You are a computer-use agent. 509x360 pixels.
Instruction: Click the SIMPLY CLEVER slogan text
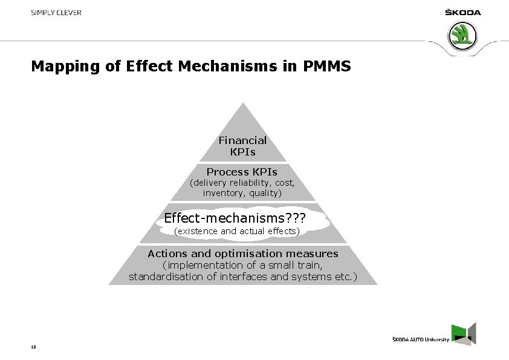click(x=56, y=12)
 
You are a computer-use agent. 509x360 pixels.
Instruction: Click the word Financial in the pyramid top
click(x=242, y=140)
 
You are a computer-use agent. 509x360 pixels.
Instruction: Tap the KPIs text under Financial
click(x=242, y=151)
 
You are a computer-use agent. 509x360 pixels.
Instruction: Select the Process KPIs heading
click(x=242, y=172)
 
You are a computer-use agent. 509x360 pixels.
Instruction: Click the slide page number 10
click(x=33, y=347)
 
